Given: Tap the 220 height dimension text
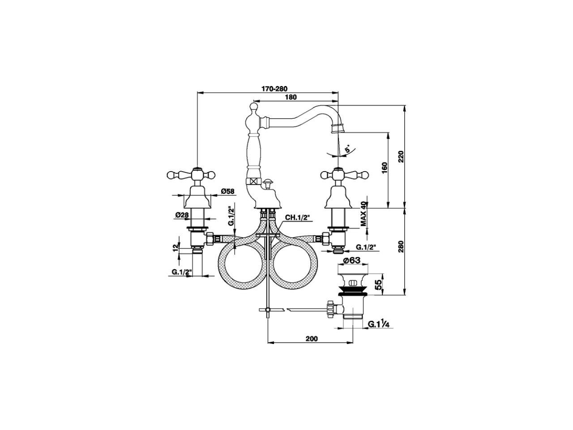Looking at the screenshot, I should pos(401,156).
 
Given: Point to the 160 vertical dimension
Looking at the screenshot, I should pos(385,168).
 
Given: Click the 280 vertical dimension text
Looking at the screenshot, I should pos(401,247).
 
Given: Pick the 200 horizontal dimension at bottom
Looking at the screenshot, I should pos(312,339).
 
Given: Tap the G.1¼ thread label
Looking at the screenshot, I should pos(376,324).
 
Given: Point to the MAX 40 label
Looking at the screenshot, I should pos(364,213).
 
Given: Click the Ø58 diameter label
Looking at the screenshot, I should pos(227,192).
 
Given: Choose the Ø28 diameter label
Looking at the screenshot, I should pos(182,215).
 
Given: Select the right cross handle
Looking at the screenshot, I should pos(337,172).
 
